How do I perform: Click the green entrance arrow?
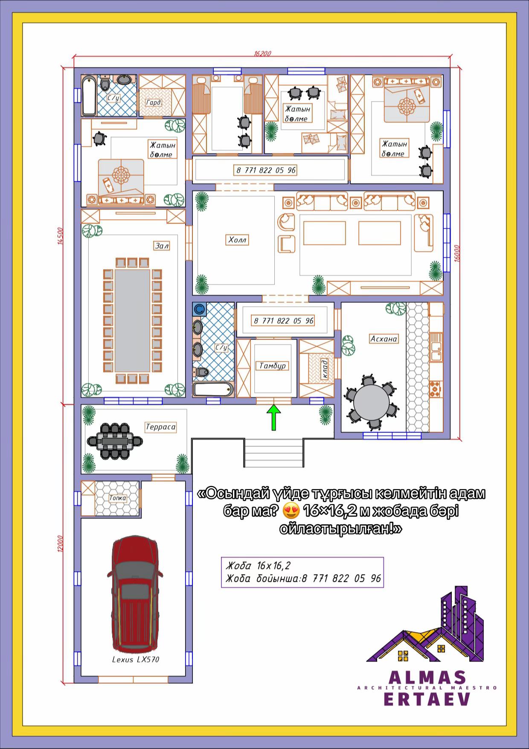pyautogui.click(x=273, y=418)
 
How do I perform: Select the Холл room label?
pyautogui.click(x=237, y=240)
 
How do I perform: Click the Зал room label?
pyautogui.click(x=162, y=246)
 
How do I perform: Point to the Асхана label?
pyautogui.click(x=384, y=339)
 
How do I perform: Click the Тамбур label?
pyautogui.click(x=273, y=366)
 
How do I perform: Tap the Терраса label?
pyautogui.click(x=160, y=427)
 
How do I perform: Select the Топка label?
pyautogui.click(x=117, y=498)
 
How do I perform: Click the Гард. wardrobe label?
pyautogui.click(x=154, y=103)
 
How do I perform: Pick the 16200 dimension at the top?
pyautogui.click(x=262, y=54)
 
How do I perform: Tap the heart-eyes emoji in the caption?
pyautogui.click(x=291, y=511)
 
